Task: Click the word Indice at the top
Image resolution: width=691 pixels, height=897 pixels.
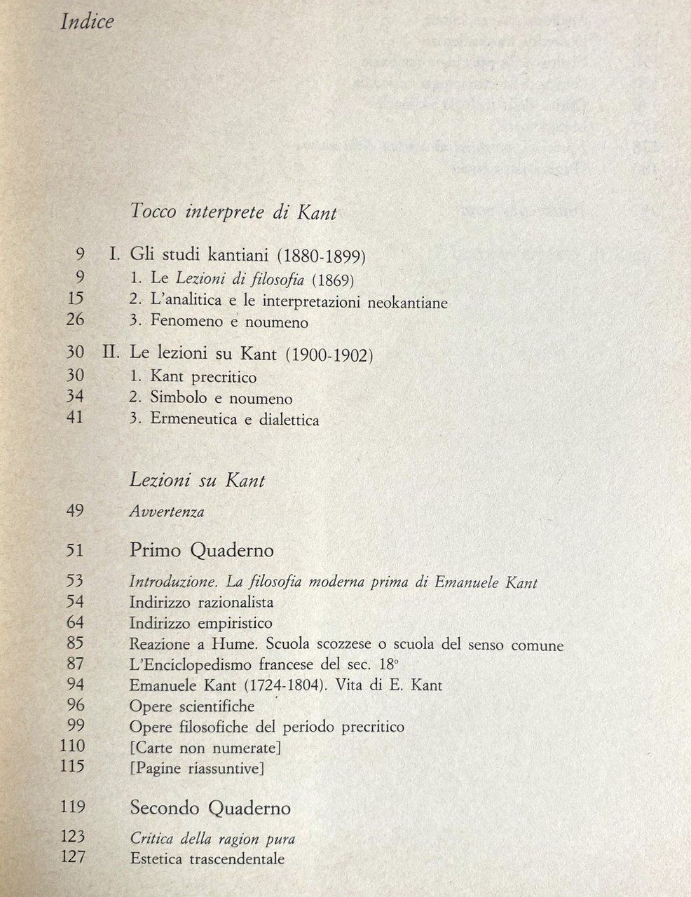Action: click(88, 22)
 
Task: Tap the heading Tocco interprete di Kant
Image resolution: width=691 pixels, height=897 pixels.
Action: click(233, 212)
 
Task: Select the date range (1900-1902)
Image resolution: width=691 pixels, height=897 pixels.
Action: click(329, 355)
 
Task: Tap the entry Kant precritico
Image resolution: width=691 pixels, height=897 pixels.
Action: click(203, 377)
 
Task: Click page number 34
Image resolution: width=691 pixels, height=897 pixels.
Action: click(74, 397)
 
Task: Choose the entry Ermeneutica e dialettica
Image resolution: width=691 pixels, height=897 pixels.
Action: click(235, 420)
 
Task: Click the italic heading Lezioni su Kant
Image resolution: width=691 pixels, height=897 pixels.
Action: click(198, 481)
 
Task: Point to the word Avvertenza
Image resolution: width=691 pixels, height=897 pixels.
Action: click(167, 512)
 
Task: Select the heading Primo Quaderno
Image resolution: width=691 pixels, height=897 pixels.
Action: click(202, 551)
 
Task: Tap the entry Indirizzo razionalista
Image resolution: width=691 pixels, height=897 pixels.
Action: click(201, 602)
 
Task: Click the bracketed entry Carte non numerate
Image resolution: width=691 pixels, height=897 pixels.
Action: click(205, 748)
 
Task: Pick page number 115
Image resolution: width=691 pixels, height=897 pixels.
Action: click(73, 768)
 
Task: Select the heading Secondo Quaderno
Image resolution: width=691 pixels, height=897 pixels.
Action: click(210, 808)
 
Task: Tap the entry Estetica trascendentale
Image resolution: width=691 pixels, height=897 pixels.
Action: click(207, 858)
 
